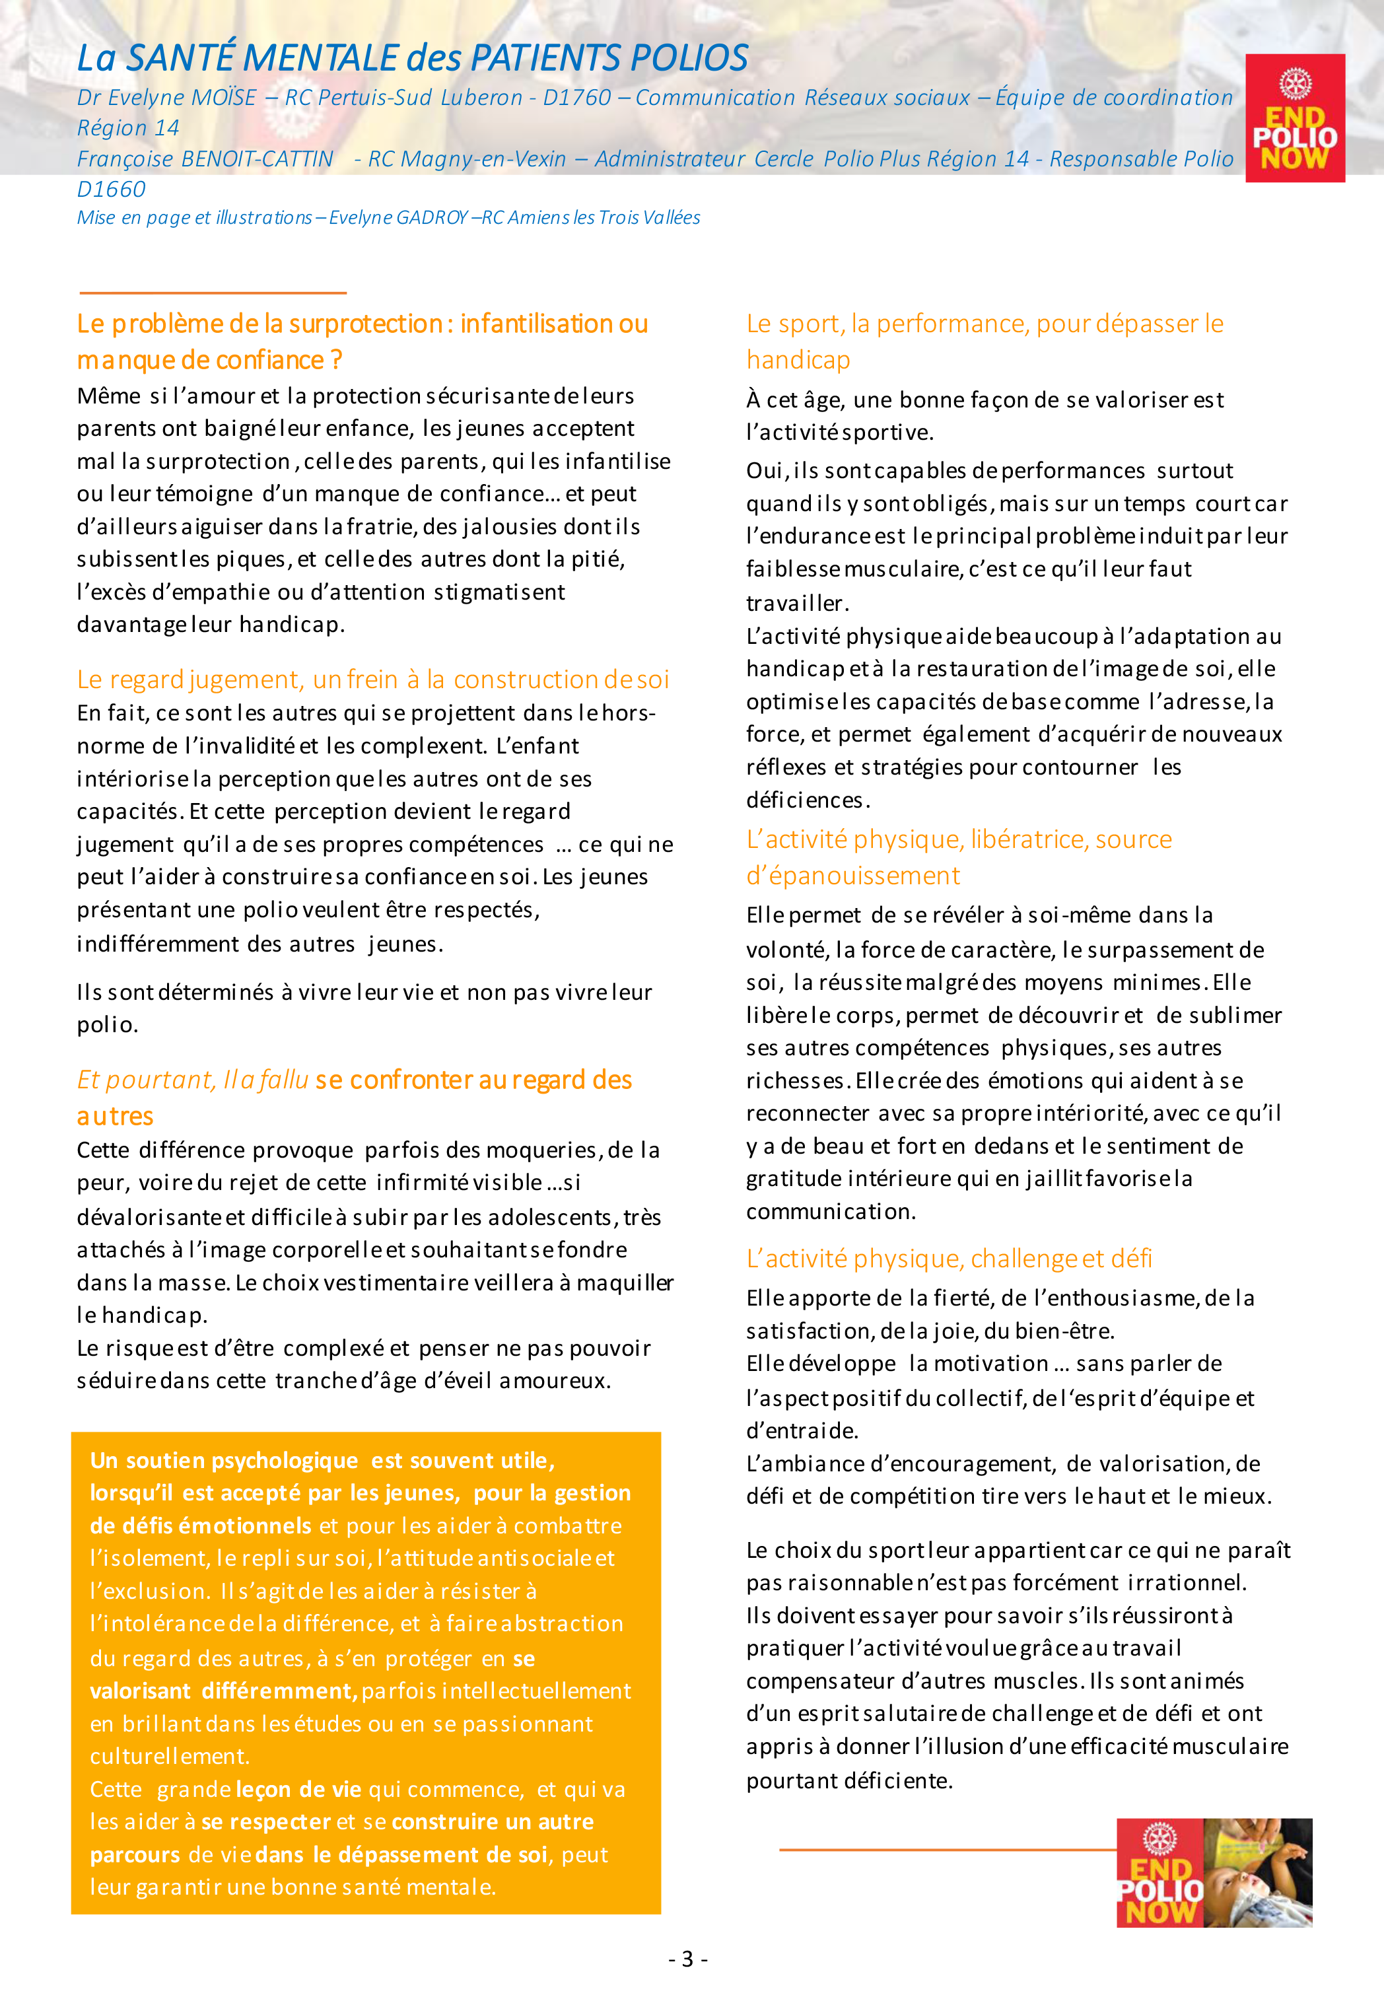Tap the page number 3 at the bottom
click(687, 1958)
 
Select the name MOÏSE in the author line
click(224, 98)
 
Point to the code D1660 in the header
click(111, 189)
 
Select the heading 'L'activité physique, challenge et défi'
click(949, 1257)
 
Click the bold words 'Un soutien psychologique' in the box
click(224, 1460)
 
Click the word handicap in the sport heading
click(798, 360)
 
